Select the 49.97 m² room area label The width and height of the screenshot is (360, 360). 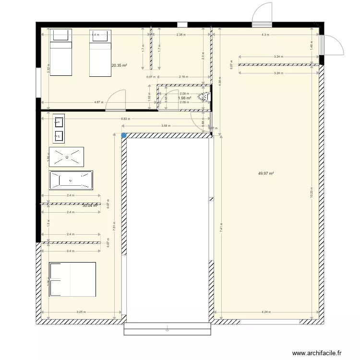click(x=265, y=174)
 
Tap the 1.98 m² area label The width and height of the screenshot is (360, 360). click(x=184, y=98)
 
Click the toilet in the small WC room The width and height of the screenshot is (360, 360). click(x=205, y=96)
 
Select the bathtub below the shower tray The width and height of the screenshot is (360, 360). click(x=71, y=180)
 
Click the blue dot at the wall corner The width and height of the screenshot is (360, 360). click(x=124, y=135)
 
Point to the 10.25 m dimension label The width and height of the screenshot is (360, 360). click(x=312, y=192)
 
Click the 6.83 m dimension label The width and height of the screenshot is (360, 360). click(x=124, y=119)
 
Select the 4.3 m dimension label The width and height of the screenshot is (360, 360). click(x=265, y=35)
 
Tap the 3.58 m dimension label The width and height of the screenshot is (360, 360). click(x=164, y=126)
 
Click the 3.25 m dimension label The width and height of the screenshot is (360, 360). click(x=81, y=312)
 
